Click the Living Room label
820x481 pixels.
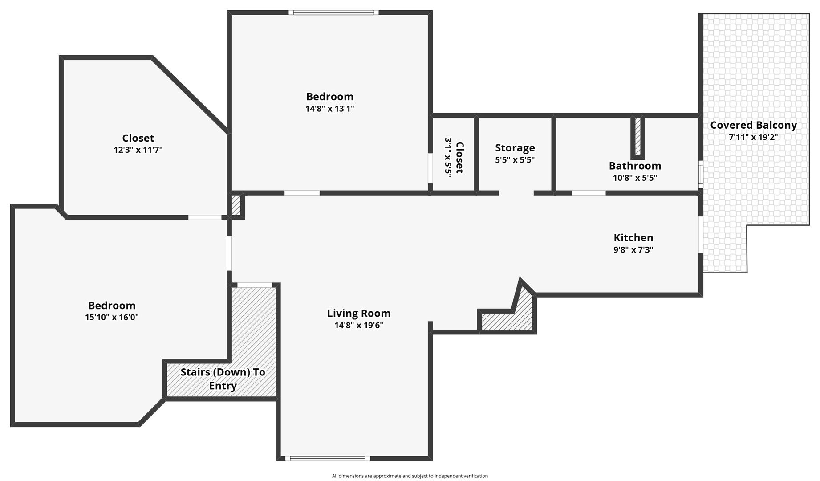pos(359,313)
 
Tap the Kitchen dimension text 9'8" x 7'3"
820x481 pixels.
pos(633,249)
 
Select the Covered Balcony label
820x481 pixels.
pos(753,125)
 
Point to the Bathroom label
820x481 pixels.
pos(635,166)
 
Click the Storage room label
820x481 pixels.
pos(515,148)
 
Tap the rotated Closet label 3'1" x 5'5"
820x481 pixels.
pos(454,158)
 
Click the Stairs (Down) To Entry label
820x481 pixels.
pos(223,379)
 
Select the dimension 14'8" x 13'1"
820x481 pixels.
pos(330,109)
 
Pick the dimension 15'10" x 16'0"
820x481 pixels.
pos(112,318)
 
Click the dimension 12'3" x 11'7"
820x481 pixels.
pos(138,150)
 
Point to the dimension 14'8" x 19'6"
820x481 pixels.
pos(359,325)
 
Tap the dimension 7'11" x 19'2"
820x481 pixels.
pos(753,137)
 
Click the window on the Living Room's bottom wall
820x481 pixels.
pos(328,458)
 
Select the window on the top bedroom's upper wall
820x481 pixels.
pos(334,12)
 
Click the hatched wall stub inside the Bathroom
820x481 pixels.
pos(637,137)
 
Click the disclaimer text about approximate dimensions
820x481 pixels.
pos(410,476)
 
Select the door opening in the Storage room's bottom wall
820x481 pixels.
pos(516,193)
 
